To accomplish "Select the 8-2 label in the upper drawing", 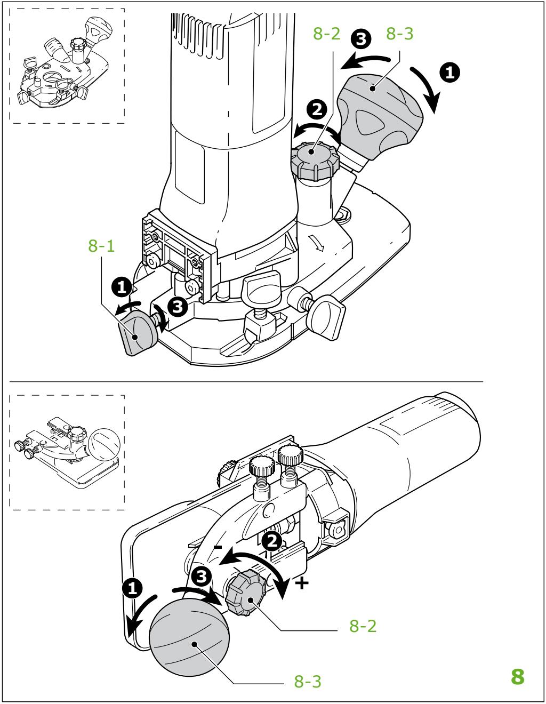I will click(x=326, y=35).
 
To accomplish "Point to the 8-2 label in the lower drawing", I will click(x=363, y=626).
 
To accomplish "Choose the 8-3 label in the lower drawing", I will click(x=308, y=681).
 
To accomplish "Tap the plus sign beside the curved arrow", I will click(x=302, y=583).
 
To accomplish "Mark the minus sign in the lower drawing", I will click(x=218, y=547).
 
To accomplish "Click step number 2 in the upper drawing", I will click(x=316, y=110).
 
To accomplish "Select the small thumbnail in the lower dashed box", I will click(x=67, y=452).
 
